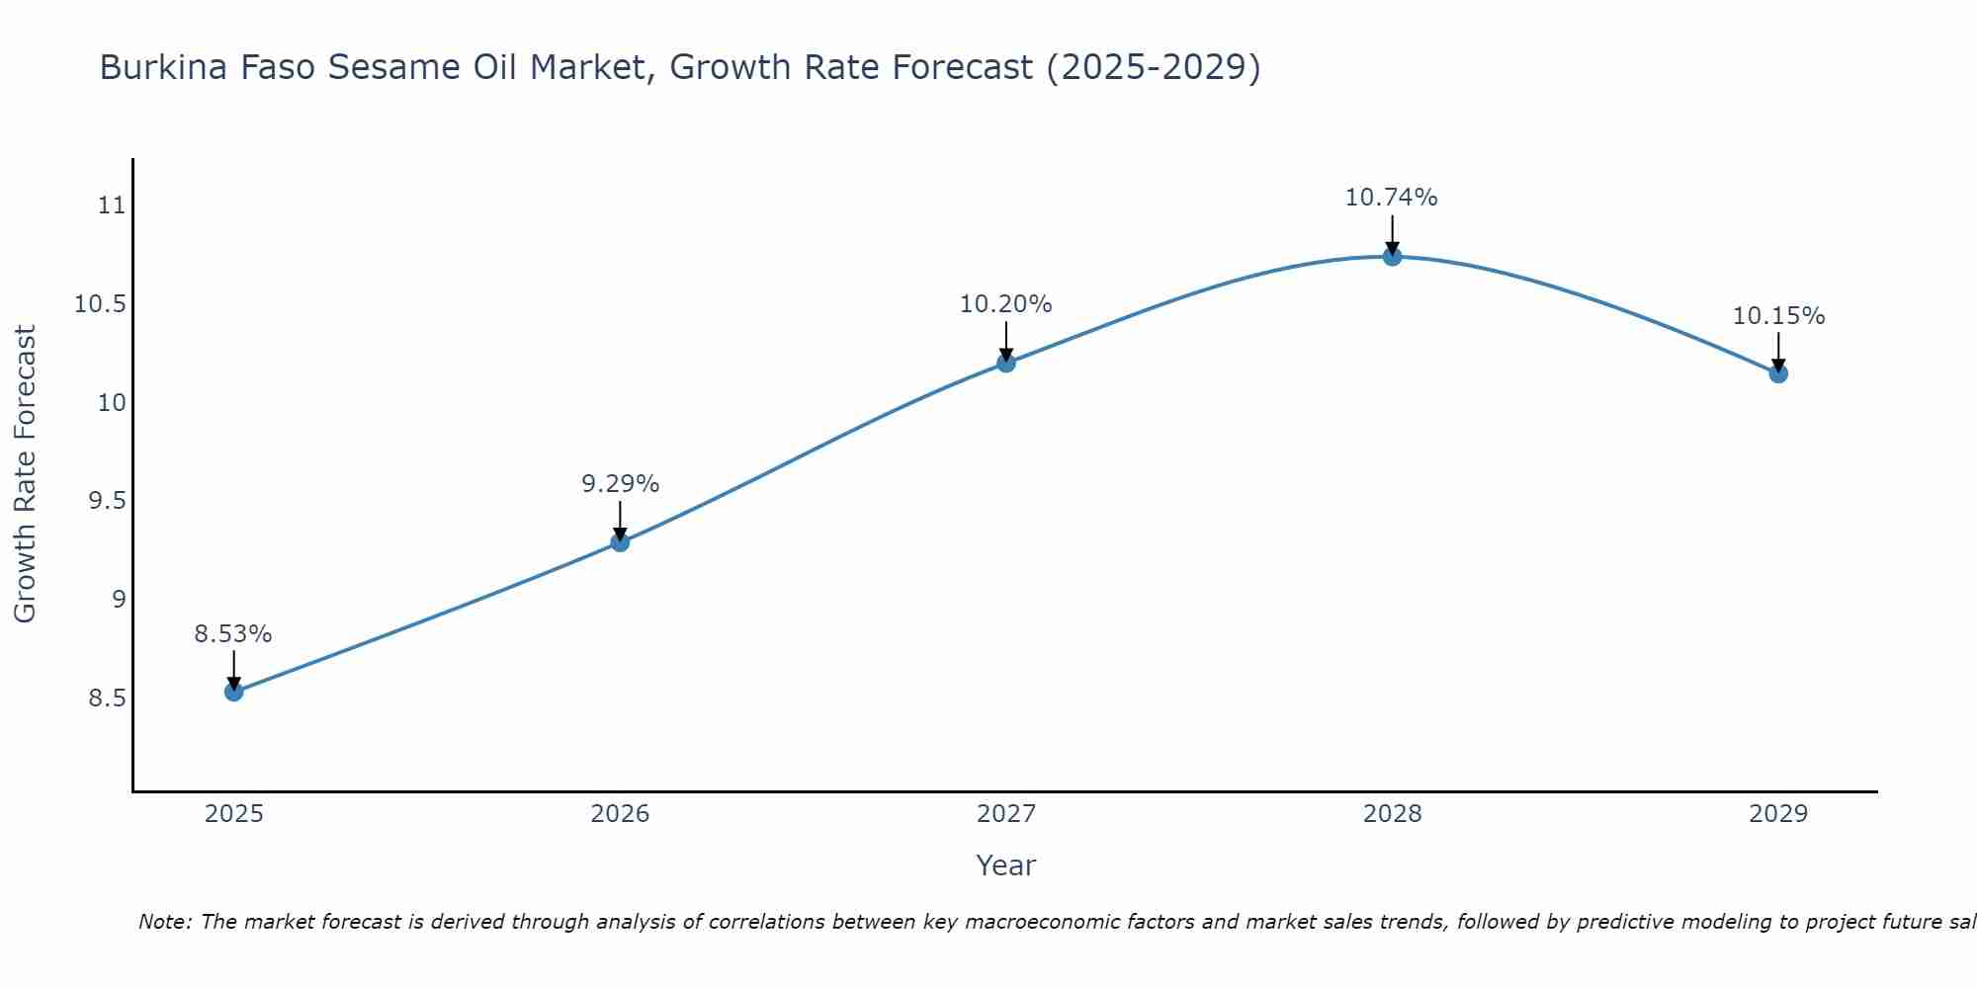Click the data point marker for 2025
click(233, 692)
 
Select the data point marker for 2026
click(620, 541)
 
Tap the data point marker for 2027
click(1006, 363)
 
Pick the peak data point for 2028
click(1392, 257)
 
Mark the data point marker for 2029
click(1778, 373)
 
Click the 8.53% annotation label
click(233, 634)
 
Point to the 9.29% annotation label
click(620, 484)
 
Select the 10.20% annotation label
click(1006, 304)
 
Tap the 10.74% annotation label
click(1392, 198)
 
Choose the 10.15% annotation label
click(1778, 316)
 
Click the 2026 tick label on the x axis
click(620, 814)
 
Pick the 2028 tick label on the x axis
click(1392, 814)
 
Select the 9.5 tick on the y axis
click(108, 501)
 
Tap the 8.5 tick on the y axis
click(108, 699)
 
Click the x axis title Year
click(1005, 865)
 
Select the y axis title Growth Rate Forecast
click(25, 474)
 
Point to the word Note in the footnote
click(164, 922)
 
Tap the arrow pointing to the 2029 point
click(1778, 352)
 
